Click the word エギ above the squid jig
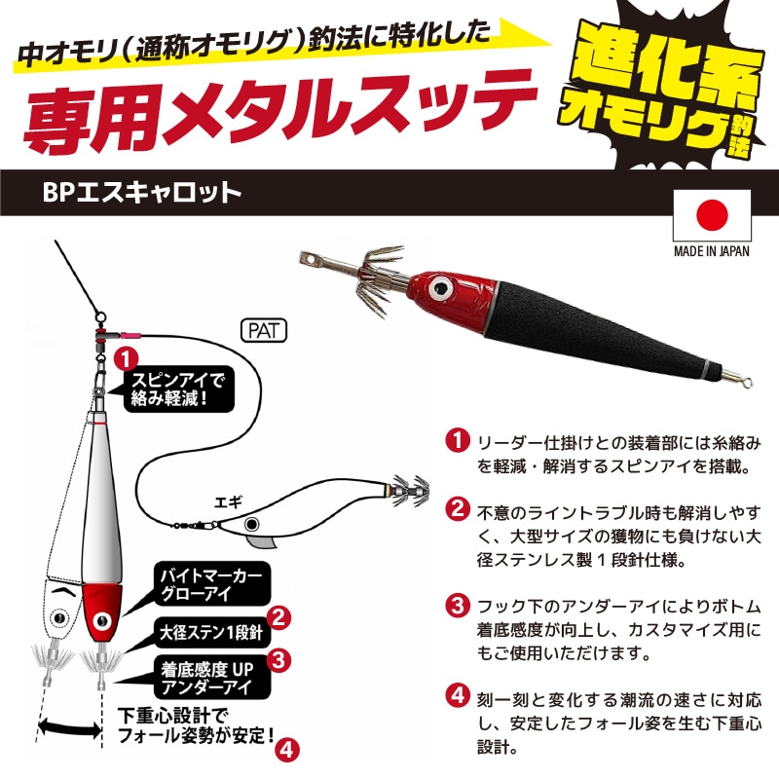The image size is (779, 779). point(228,502)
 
